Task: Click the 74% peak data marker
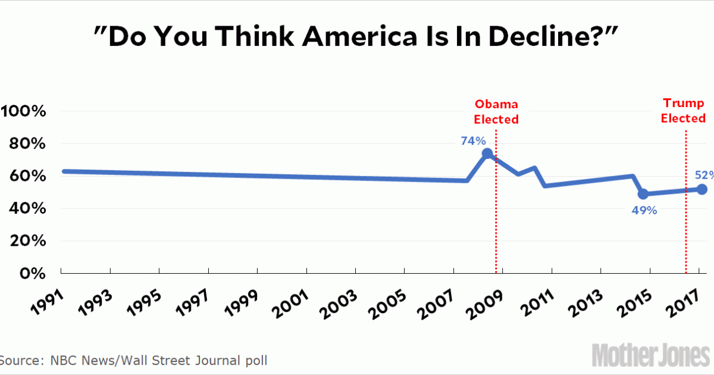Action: point(487,154)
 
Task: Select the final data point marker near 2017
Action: point(702,189)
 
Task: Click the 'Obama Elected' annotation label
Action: point(496,112)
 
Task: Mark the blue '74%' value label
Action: point(473,142)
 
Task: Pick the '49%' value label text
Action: point(644,210)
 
